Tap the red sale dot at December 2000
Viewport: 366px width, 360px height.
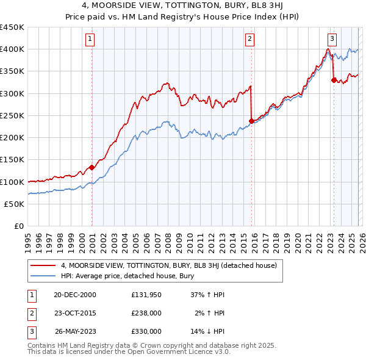tap(91, 167)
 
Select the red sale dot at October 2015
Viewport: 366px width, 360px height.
tap(251, 120)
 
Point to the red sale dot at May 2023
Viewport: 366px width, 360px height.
tap(333, 79)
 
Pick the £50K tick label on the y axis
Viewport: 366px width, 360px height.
tap(15, 204)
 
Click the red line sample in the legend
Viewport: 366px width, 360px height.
tap(43, 265)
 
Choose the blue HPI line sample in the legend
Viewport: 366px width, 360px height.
tap(43, 276)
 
